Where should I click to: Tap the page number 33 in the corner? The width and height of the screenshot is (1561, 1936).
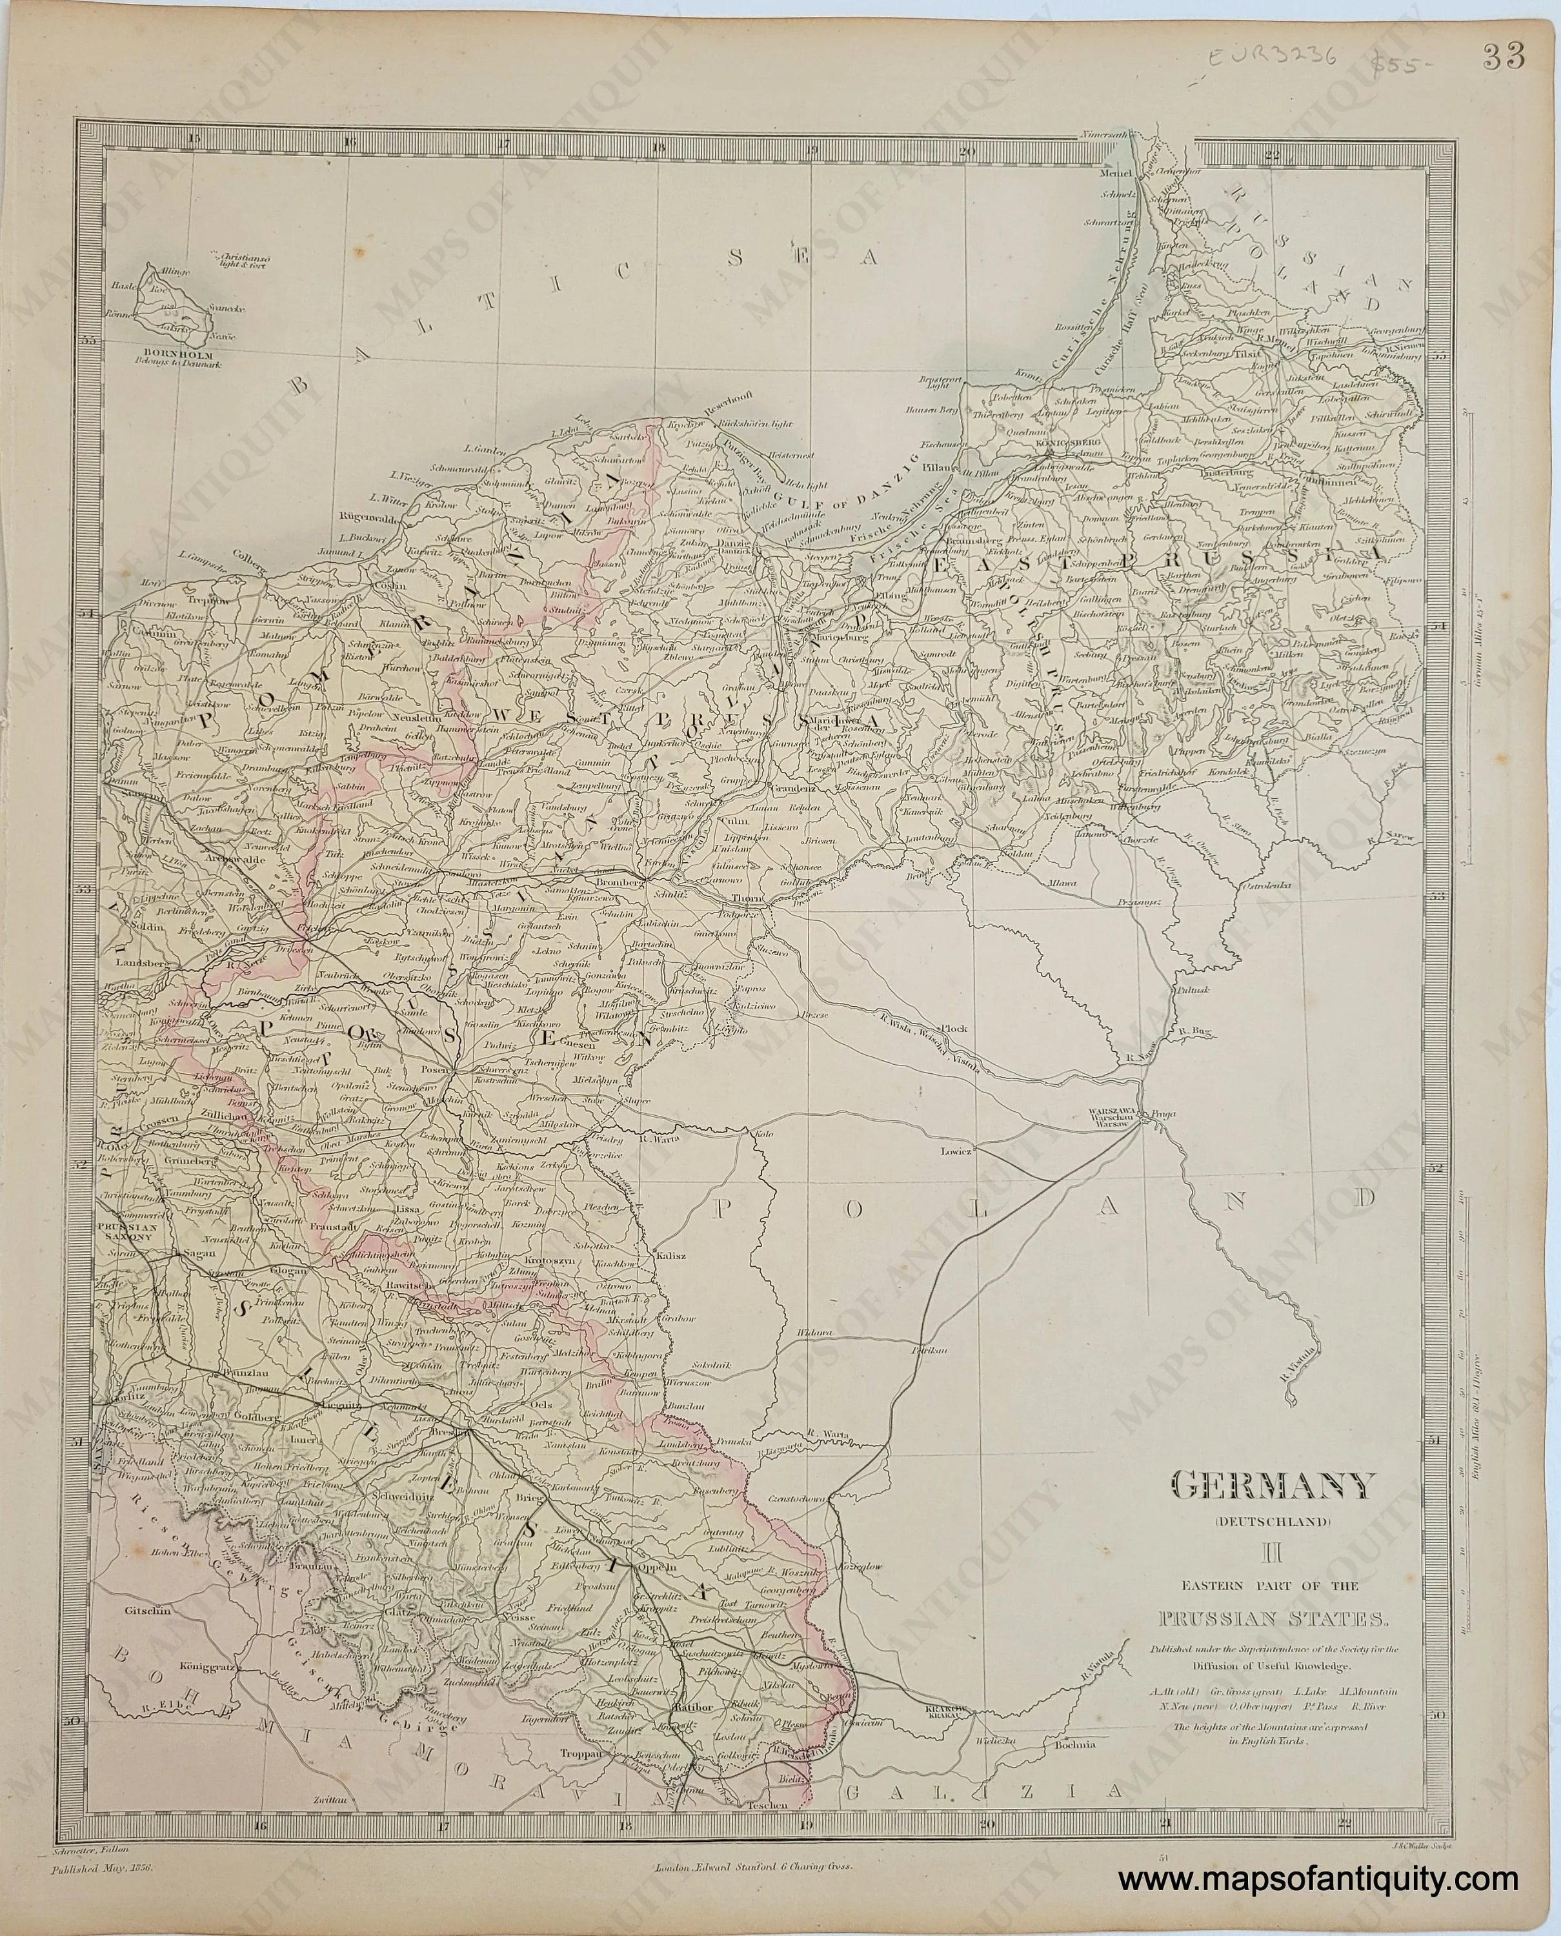[x=1504, y=57]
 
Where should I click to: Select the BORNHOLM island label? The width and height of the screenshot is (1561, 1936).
[x=178, y=354]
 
